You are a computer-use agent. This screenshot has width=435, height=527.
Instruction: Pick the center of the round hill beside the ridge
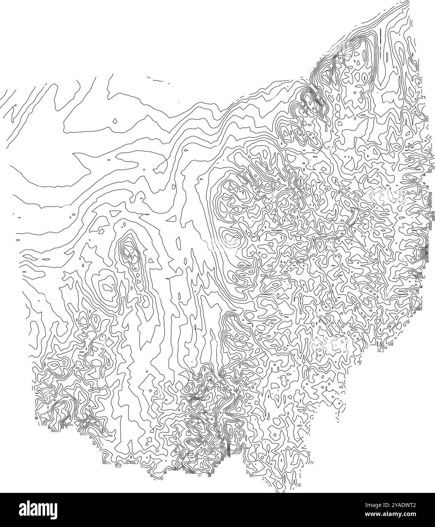(108, 284)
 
